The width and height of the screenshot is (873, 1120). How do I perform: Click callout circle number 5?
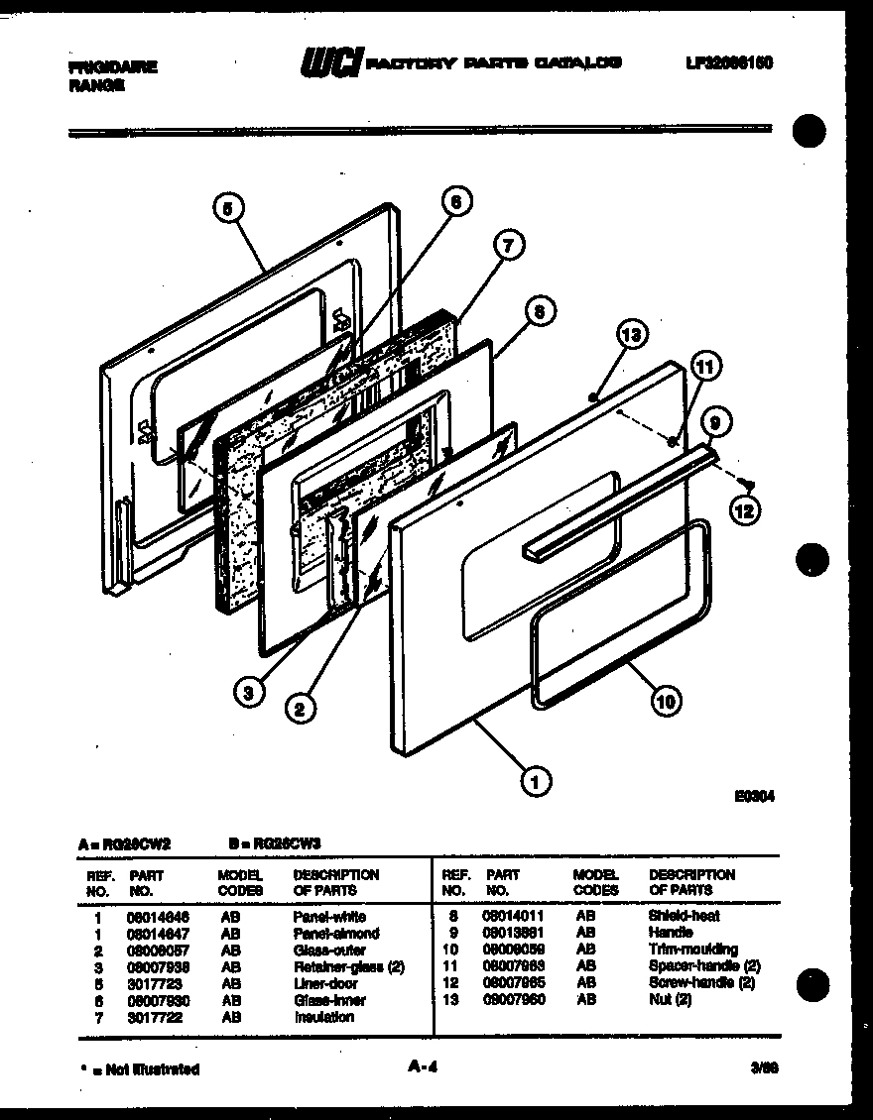[x=228, y=209]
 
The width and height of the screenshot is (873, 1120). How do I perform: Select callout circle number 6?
[x=455, y=202]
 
